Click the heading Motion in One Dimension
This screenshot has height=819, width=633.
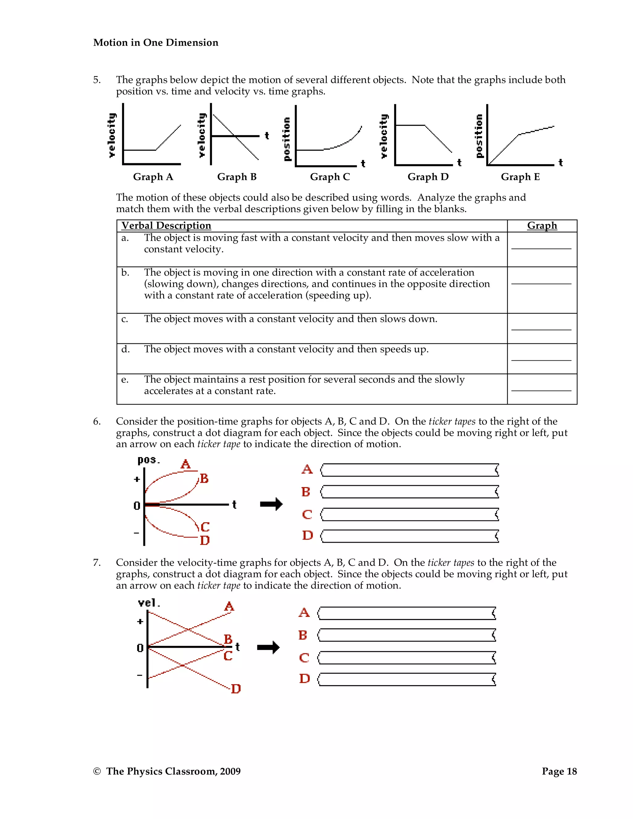(x=156, y=43)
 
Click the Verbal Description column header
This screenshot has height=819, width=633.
(x=166, y=225)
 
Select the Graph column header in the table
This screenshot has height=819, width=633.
(x=542, y=225)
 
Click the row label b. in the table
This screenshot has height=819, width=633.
(x=125, y=273)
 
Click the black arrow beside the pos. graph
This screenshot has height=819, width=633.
(x=271, y=504)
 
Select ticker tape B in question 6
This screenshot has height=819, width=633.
(x=410, y=492)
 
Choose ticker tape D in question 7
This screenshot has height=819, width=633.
(x=407, y=680)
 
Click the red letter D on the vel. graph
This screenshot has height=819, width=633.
(x=236, y=689)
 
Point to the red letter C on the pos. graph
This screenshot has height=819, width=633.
(x=205, y=527)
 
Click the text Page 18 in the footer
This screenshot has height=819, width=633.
(x=559, y=771)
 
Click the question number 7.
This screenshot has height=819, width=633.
(x=97, y=562)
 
